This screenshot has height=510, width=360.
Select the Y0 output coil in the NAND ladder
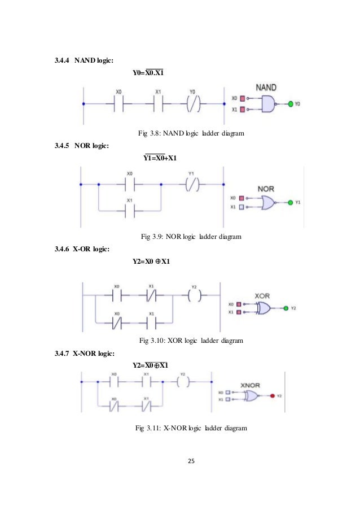coord(194,104)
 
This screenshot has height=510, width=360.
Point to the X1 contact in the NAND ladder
coord(158,104)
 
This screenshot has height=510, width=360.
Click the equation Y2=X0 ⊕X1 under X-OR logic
coord(151,261)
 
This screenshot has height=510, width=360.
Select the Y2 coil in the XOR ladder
coord(194,295)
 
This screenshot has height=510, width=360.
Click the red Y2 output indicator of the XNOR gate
coord(272,396)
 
